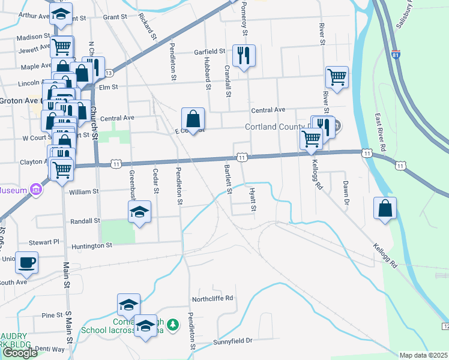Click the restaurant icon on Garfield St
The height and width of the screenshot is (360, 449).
point(244,56)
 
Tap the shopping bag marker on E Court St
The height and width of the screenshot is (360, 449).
point(193,119)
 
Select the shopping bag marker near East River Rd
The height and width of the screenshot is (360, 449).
point(385,209)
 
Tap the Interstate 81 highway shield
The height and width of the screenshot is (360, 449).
point(394,55)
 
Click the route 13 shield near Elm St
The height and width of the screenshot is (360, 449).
point(108,73)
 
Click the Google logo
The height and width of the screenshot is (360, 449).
point(20,353)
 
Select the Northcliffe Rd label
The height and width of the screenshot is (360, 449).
point(212,299)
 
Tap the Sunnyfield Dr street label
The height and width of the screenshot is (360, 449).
point(233,341)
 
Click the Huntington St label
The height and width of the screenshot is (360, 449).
point(92,245)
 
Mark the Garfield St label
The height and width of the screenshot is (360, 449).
point(209,52)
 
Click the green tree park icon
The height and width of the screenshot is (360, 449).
point(173,325)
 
